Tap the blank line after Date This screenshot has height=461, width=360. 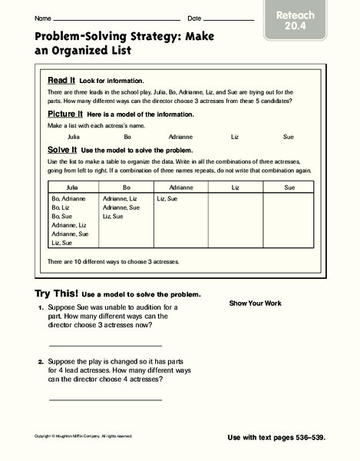point(230,19)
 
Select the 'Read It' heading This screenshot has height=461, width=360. point(61,80)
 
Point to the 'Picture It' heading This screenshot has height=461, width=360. point(66,113)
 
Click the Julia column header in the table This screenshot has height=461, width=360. point(74,187)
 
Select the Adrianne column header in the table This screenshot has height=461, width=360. point(181,187)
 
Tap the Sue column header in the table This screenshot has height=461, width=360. point(289,187)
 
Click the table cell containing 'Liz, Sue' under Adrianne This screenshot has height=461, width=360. point(167,199)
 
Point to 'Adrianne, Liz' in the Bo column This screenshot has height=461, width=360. point(121,199)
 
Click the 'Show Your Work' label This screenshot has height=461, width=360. point(255,303)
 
